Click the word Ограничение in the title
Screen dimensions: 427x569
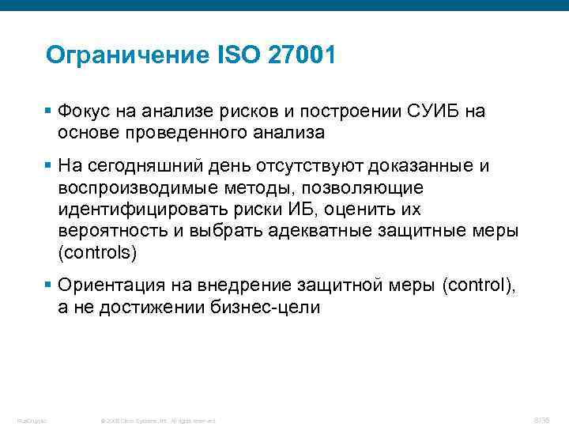[126, 55]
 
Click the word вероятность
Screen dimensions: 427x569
[110, 232]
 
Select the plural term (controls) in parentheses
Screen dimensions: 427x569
[96, 253]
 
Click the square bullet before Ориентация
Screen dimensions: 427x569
[49, 284]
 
